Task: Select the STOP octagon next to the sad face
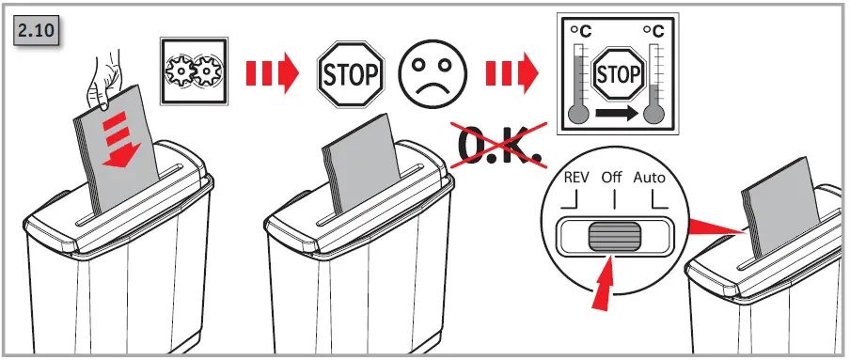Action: tap(350, 71)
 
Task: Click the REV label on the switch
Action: tap(576, 178)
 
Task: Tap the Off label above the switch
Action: tap(612, 178)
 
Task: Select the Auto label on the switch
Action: tap(649, 178)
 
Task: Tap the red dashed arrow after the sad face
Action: tap(512, 72)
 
